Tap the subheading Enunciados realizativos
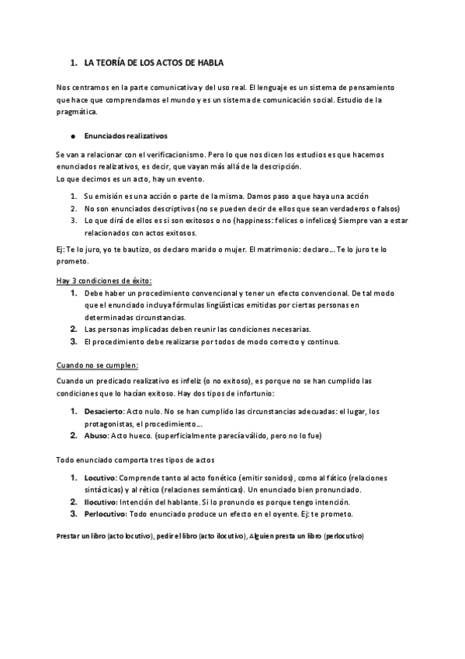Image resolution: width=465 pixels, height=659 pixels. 120,134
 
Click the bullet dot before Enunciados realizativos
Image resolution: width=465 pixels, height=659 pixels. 72,134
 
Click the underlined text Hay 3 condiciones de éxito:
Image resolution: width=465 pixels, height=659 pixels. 104,281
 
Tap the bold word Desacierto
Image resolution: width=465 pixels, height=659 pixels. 104,411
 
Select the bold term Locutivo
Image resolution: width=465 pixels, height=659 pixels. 99,478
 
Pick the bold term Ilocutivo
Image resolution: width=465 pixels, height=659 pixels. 99,502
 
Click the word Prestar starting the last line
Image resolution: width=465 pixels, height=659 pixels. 68,537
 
